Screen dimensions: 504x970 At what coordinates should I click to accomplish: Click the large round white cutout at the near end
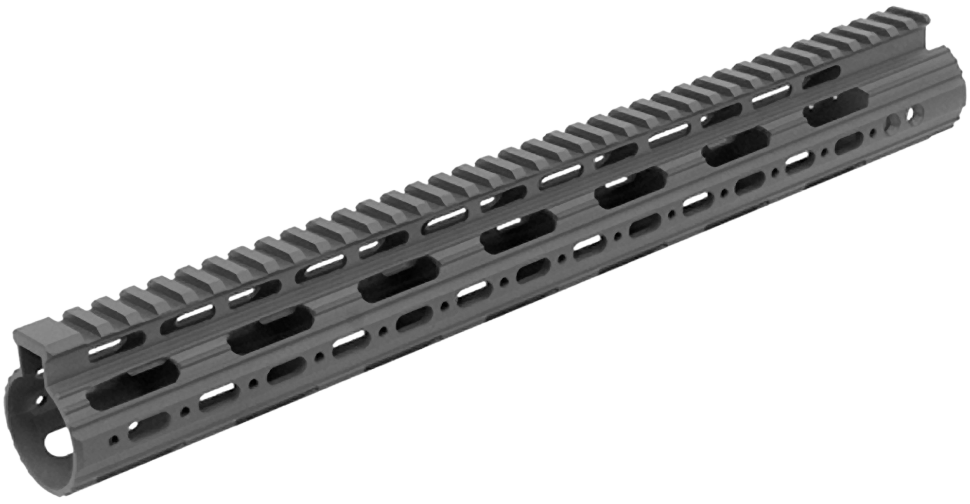coord(57,444)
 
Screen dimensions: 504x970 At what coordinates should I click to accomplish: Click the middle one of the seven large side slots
coord(517,232)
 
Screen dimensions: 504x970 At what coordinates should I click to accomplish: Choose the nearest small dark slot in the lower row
coord(148,427)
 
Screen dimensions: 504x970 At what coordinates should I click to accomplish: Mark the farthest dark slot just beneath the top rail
coord(820,76)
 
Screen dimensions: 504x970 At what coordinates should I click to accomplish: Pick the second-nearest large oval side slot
coord(270,330)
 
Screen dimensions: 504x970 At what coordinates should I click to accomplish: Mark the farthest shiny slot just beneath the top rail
coord(771,95)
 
